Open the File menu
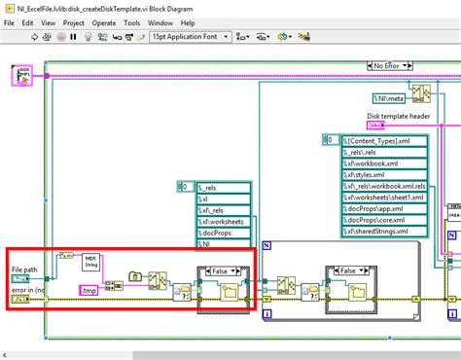10,21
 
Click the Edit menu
28,21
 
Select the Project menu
74,21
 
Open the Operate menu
104,21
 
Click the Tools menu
131,21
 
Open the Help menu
187,21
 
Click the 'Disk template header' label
398,116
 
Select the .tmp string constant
89,290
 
